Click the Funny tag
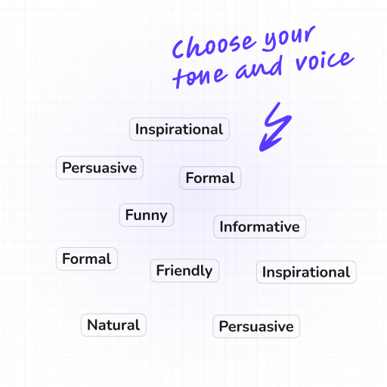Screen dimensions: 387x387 147,215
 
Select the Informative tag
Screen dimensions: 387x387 259,227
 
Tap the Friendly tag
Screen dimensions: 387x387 184,271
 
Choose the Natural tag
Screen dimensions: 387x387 113,326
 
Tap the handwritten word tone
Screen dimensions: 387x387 201,76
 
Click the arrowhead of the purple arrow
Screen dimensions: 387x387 265,141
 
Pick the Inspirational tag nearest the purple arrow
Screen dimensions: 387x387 179,129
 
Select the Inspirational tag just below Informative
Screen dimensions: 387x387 306,272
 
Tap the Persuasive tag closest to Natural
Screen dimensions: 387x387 256,327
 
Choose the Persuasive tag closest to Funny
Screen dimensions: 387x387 100,168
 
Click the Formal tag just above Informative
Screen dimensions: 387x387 210,178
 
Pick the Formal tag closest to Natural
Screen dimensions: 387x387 87,259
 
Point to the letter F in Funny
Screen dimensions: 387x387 129,215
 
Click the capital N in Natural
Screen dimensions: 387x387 92,326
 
